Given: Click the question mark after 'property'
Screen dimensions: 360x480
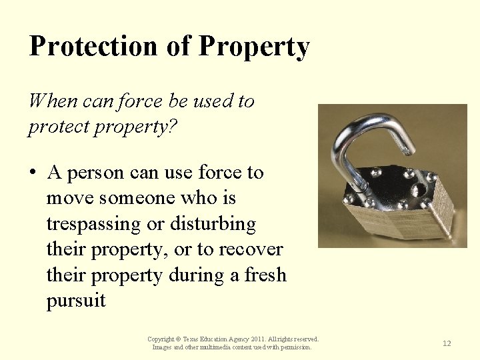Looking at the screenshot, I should [173, 127].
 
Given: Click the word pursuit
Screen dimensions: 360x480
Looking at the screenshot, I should [76, 300].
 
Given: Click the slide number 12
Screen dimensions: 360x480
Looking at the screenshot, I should [447, 343].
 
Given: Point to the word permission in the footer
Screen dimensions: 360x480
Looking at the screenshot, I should [295, 347].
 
